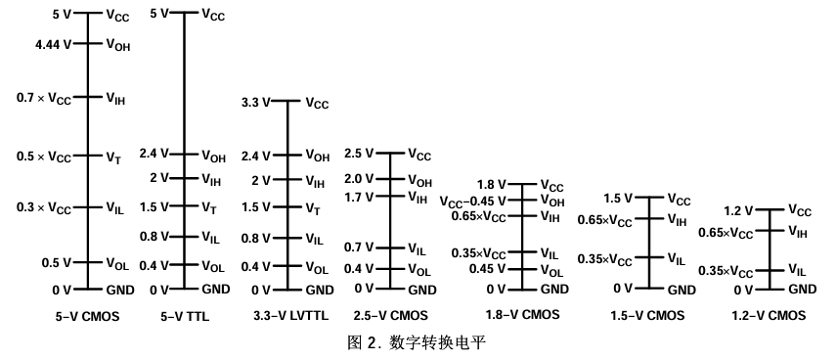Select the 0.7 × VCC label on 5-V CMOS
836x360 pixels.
[45, 98]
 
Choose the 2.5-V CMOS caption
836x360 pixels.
[390, 315]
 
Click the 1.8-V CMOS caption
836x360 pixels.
[522, 315]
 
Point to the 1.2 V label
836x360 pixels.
[738, 210]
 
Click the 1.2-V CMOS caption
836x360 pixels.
[769, 315]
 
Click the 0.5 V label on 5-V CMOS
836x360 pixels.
[56, 262]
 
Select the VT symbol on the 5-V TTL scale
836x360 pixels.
[210, 208]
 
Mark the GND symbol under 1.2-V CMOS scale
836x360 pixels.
[802, 289]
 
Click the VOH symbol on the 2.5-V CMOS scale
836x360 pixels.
[418, 181]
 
